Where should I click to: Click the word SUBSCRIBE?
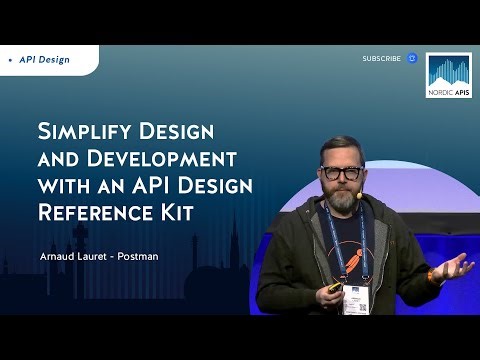pyautogui.click(x=381, y=59)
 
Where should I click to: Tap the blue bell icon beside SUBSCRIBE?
pyautogui.click(x=411, y=59)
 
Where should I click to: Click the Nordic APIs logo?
pyautogui.click(x=449, y=76)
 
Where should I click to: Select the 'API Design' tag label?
pyautogui.click(x=45, y=60)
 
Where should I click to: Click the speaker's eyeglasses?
pyautogui.click(x=342, y=172)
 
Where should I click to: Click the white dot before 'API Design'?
pyautogui.click(x=10, y=60)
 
